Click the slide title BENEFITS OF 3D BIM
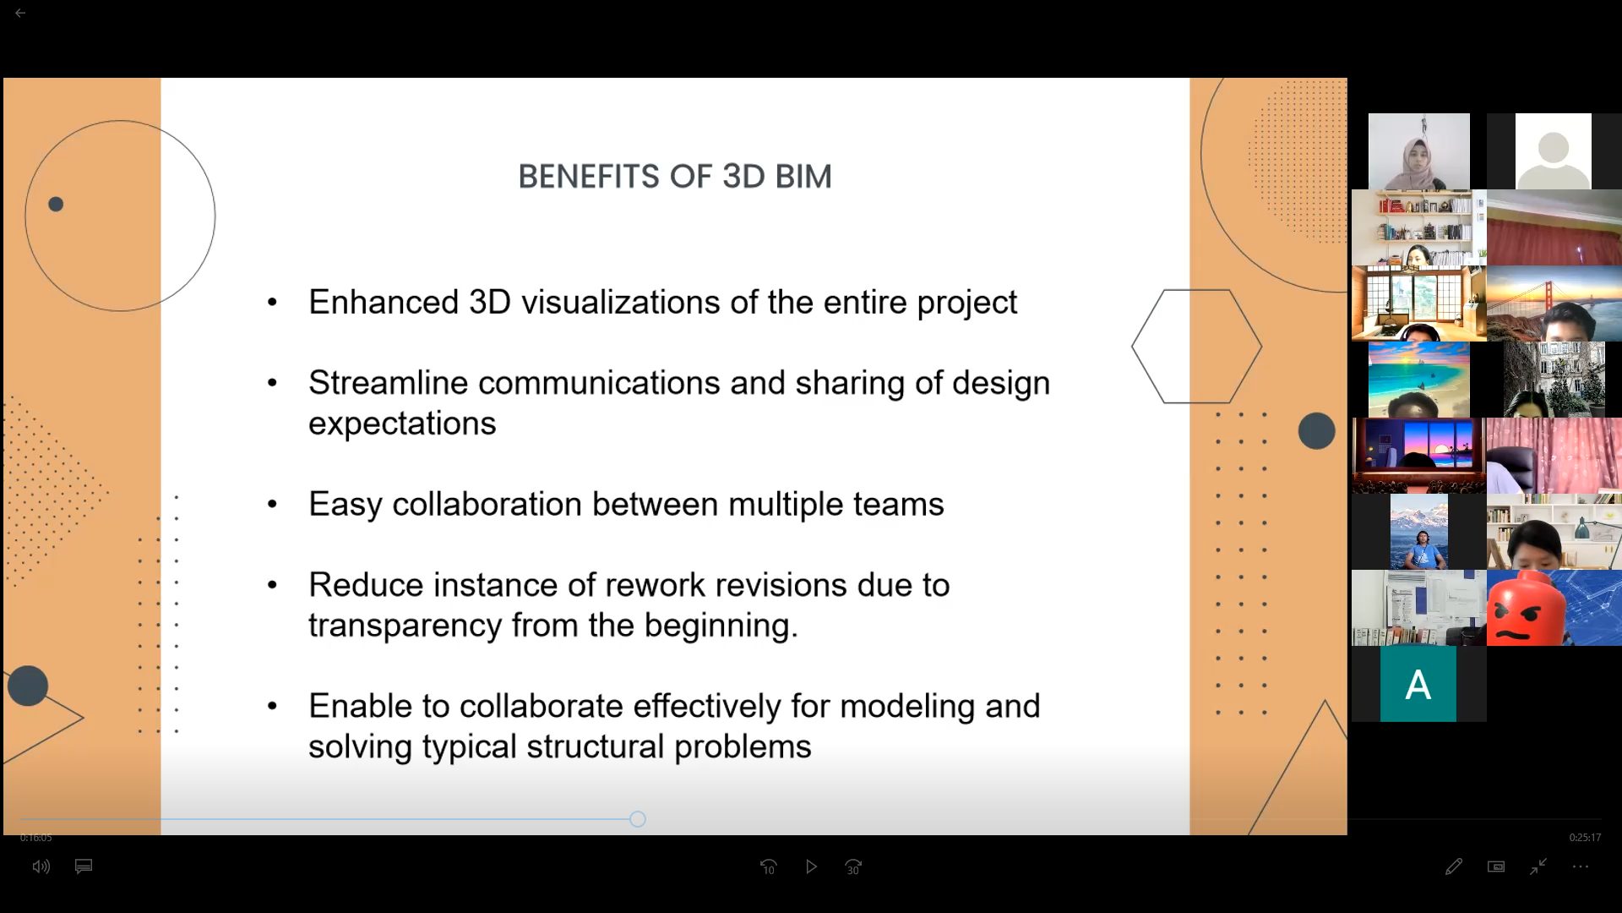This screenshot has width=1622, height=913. point(675,177)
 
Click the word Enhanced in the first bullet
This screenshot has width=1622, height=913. point(384,302)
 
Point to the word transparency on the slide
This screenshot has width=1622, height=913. point(405,626)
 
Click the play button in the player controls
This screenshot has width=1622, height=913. point(811,867)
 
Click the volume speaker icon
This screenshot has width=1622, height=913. point(41,867)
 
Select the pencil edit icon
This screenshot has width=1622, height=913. point(1453,867)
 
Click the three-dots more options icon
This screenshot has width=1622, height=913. point(1581,867)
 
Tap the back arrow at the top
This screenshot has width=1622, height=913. point(20,14)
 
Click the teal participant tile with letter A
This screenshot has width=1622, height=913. point(1418,684)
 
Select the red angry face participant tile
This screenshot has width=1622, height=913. point(1554,608)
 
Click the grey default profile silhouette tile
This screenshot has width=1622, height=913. point(1554,151)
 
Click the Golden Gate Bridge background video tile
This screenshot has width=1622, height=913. point(1554,303)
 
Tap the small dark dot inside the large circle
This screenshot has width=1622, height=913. point(56,204)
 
